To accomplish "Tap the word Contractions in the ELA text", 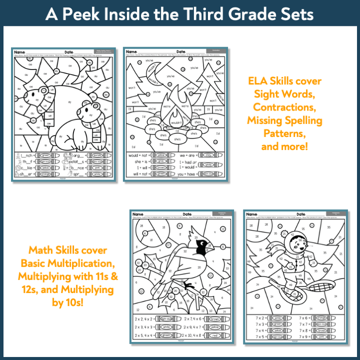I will coord(284,107).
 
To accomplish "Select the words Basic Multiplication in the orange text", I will coord(67,263).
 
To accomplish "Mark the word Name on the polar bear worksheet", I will coord(20,52).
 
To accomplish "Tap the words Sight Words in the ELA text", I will coord(284,93).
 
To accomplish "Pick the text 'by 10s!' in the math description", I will coord(67,303).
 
